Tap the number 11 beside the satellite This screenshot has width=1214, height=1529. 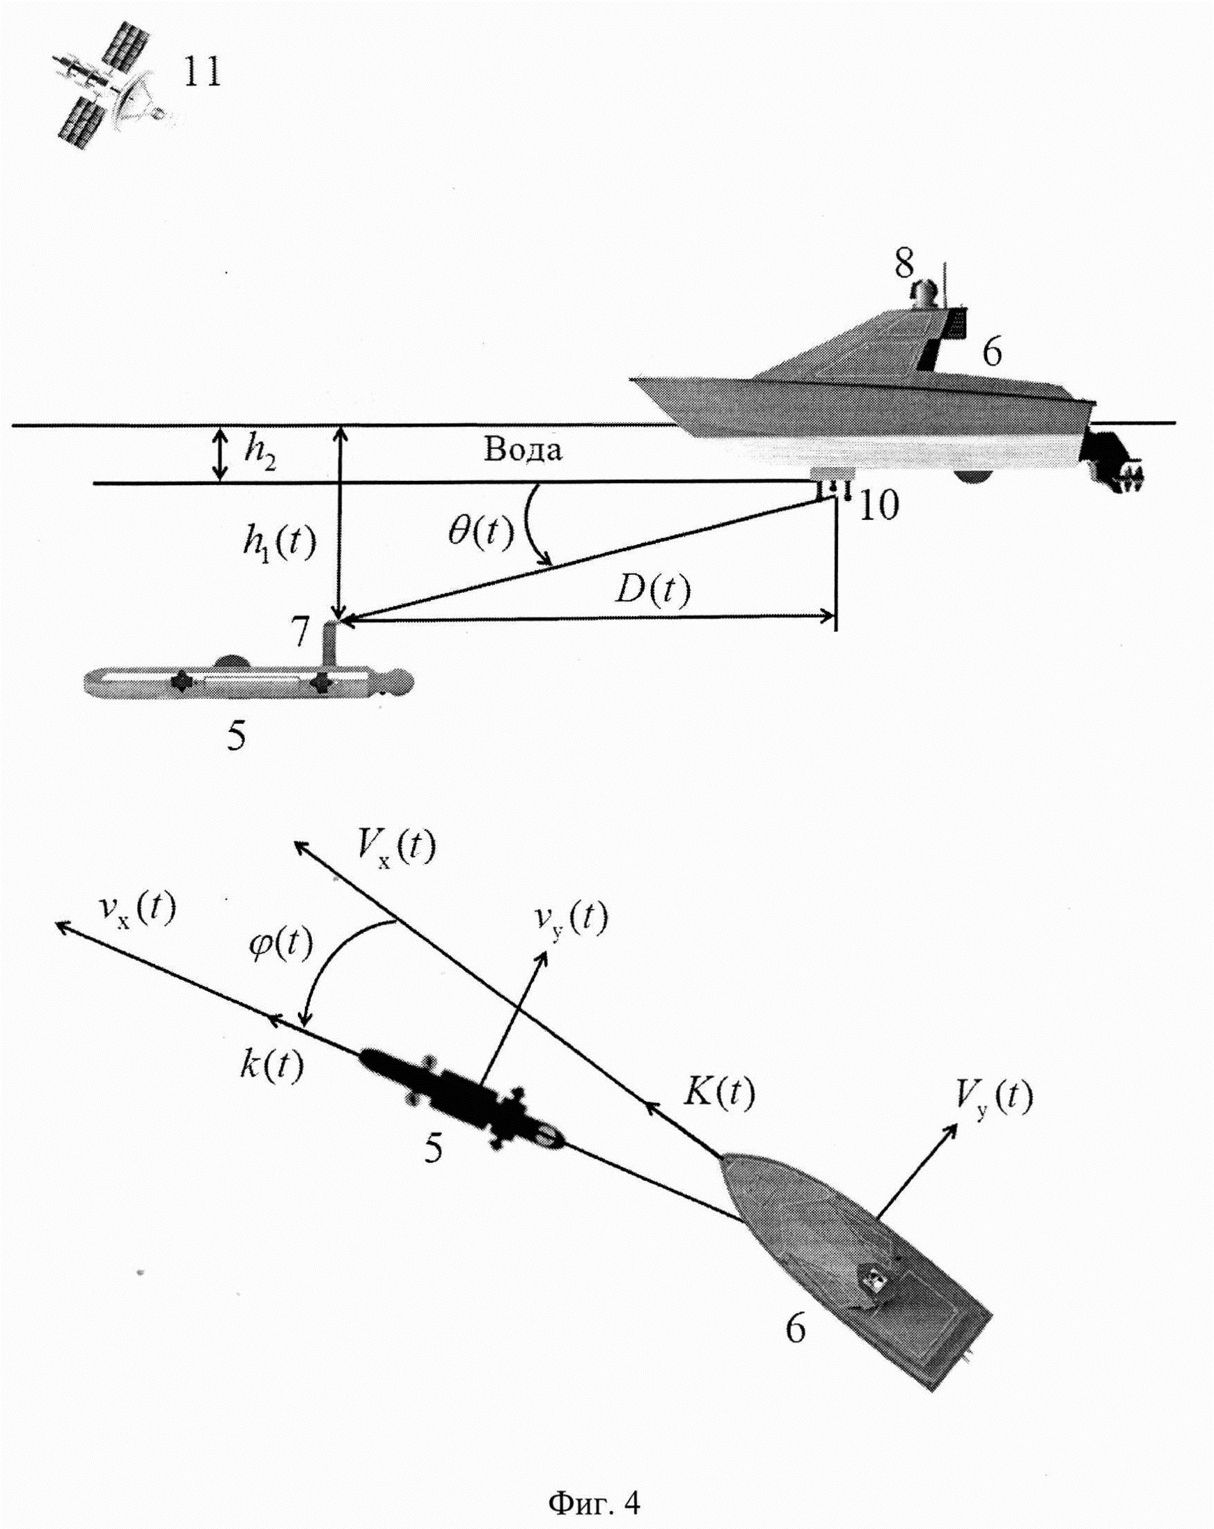tap(203, 72)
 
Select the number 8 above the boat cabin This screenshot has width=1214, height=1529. tap(904, 264)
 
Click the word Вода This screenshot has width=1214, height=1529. tap(523, 450)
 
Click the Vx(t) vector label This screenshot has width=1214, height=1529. tap(396, 847)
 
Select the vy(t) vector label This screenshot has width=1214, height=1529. tap(571, 920)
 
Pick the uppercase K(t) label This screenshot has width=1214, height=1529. tap(718, 1093)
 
